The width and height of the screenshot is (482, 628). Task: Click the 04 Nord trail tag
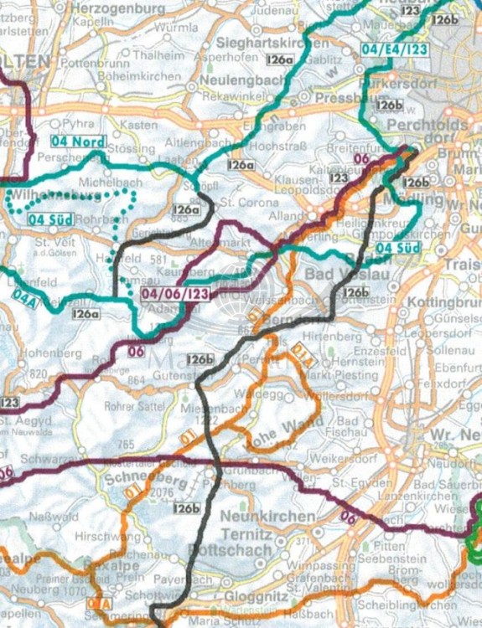(78, 142)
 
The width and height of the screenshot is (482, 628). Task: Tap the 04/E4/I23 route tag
(395, 50)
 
